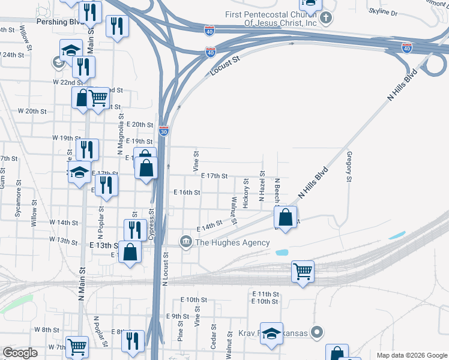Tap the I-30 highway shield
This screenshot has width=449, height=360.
[x=164, y=130]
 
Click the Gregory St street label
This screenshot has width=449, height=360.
[x=349, y=166]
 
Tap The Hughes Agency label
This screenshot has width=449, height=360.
[x=232, y=242]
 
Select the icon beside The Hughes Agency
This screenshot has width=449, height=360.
[x=185, y=242]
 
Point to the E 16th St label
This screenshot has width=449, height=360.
[x=186, y=193]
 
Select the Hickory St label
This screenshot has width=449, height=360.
[x=246, y=194]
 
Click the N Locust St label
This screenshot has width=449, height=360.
[x=165, y=269]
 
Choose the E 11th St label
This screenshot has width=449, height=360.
[x=265, y=294]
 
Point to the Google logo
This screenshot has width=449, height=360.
[x=20, y=353]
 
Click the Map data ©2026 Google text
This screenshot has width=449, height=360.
[x=411, y=355]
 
